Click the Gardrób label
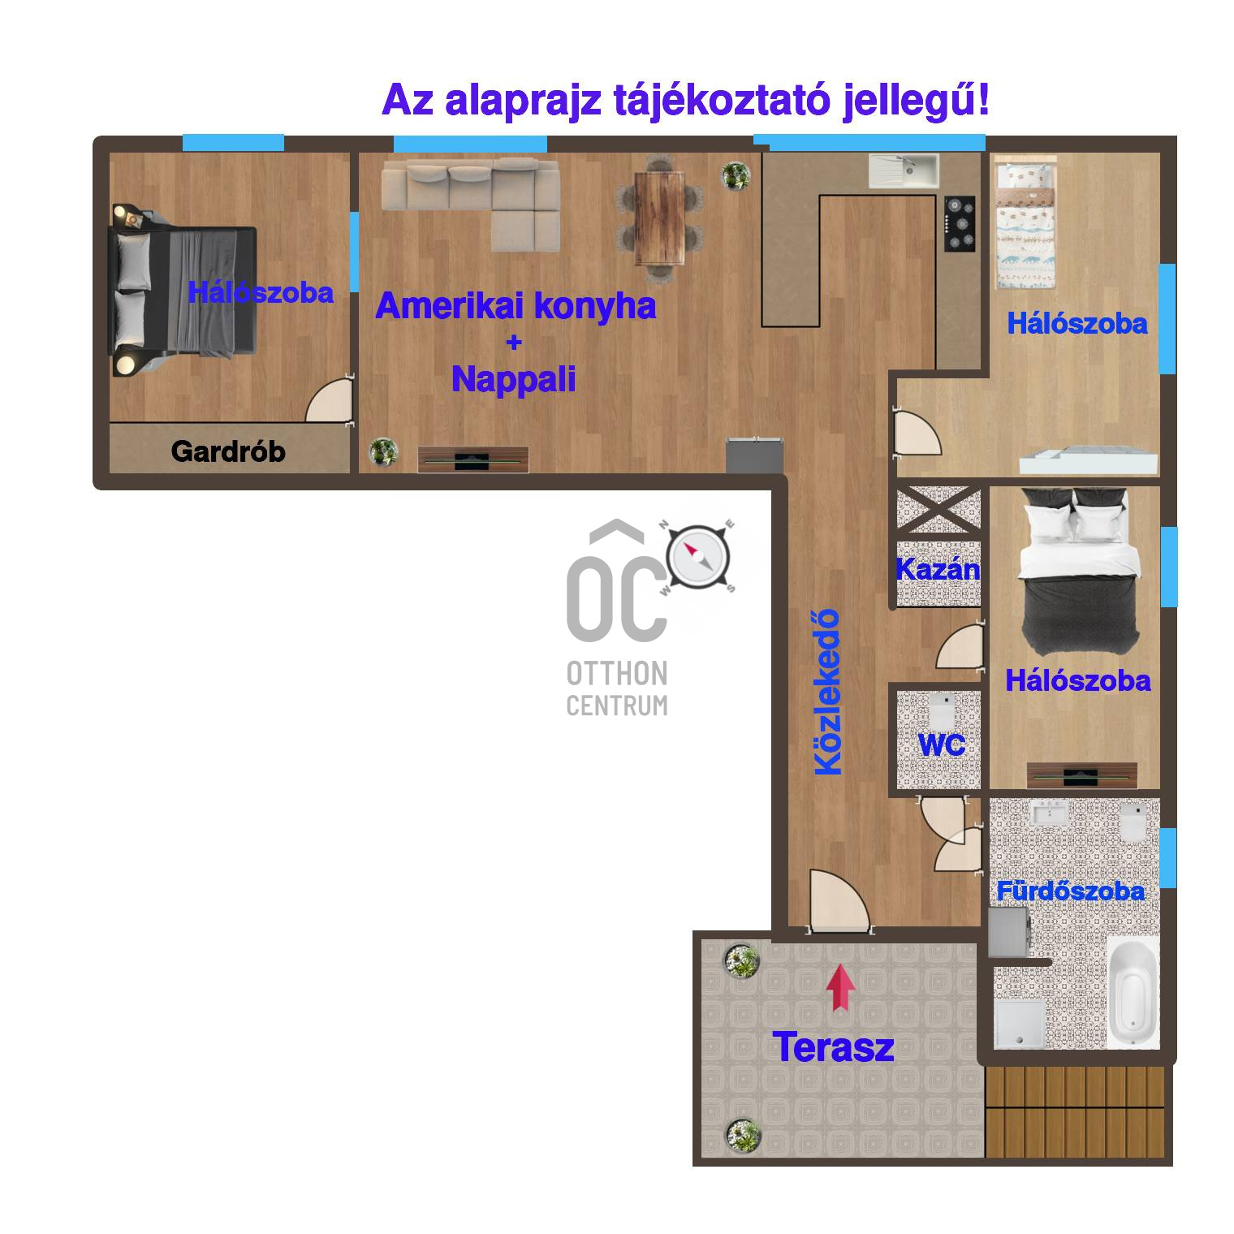pos(228,451)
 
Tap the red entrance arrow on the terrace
pos(841,987)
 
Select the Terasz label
pos(833,1047)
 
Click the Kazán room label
pos(938,569)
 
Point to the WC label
pos(941,744)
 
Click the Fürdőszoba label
pos(1070,891)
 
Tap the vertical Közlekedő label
pos(828,692)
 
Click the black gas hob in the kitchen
pos(963,222)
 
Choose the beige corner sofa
pos(472,204)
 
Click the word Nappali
pos(513,379)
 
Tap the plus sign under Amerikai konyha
pos(513,343)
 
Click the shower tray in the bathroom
pos(1018,1021)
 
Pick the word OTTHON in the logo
pos(617,673)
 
